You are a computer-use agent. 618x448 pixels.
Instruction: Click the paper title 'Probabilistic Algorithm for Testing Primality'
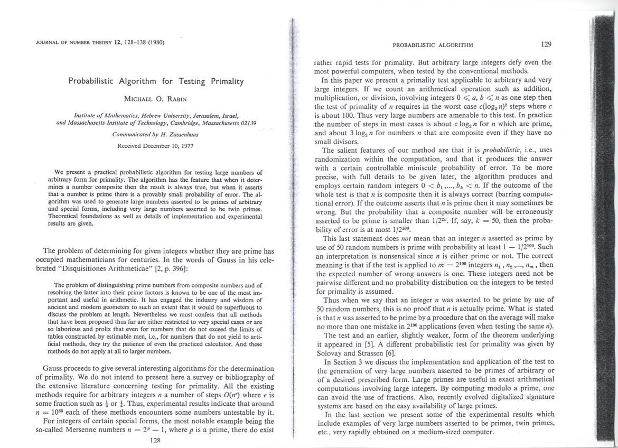point(156,81)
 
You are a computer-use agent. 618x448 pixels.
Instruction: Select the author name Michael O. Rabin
point(156,99)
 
